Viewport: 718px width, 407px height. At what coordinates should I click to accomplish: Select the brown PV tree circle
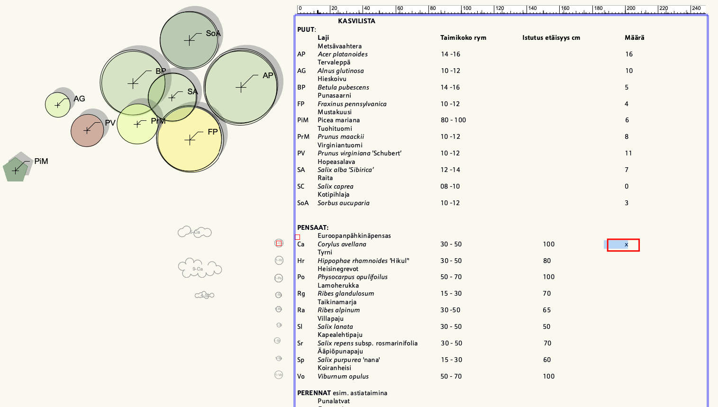[87, 130]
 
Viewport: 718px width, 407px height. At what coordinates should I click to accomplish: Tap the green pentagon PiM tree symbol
[15, 170]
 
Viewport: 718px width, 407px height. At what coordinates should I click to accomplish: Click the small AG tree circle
[57, 105]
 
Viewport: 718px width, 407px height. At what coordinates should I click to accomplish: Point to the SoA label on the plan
[213, 34]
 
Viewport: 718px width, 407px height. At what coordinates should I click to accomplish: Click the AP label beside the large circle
[268, 75]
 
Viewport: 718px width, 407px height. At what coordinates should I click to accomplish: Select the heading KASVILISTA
[356, 21]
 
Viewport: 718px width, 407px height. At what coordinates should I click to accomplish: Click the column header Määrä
[634, 37]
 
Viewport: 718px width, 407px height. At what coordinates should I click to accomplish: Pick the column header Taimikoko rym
[463, 37]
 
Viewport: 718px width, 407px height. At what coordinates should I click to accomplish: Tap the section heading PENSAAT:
[313, 227]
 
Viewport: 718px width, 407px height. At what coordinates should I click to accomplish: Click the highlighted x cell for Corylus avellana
[626, 244]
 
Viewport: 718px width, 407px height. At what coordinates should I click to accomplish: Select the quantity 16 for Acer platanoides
[629, 54]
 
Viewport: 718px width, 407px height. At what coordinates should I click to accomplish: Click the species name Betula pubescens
[343, 87]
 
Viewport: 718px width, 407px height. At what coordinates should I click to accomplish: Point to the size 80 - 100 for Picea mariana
[453, 120]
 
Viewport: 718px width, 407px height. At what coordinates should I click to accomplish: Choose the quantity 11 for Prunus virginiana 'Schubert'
[628, 153]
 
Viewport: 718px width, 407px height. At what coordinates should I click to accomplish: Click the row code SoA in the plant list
[303, 203]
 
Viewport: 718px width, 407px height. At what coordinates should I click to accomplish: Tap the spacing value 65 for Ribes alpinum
[547, 310]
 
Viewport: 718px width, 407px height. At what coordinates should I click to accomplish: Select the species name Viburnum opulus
[343, 376]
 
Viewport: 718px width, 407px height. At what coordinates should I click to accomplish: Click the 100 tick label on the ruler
[467, 8]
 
